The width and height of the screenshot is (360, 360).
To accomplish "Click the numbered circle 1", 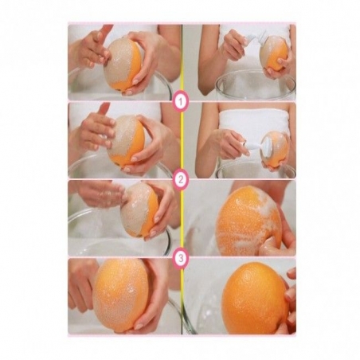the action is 181,101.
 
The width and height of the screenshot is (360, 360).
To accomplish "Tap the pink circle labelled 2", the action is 181,179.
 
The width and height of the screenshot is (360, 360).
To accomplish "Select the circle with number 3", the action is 181,258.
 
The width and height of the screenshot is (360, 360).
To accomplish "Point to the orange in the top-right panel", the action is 274,54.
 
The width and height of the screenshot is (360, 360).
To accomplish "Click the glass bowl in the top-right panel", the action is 256,84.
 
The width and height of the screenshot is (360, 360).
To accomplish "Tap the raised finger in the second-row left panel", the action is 103,110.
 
